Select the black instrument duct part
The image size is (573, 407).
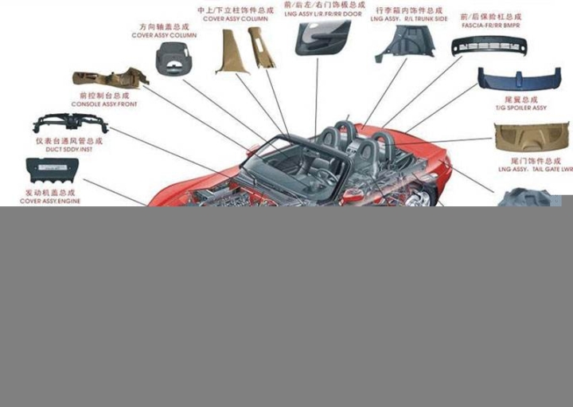70,123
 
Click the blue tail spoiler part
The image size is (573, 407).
519,79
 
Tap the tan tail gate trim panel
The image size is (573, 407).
532,138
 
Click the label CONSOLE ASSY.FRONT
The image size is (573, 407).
103,104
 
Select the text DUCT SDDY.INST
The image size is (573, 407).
69,149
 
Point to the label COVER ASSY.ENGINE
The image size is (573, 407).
50,201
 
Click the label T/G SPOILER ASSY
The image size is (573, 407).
521,108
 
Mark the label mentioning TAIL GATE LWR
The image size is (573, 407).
535,169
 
